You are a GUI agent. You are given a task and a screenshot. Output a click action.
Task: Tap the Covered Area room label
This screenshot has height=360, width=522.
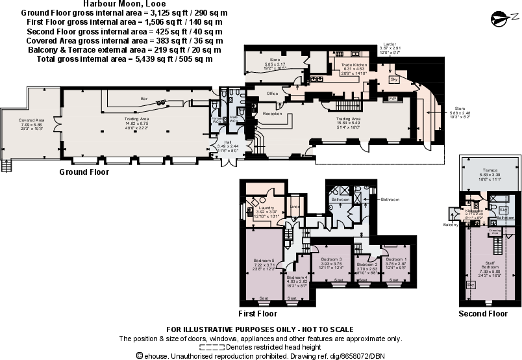click(x=32, y=120)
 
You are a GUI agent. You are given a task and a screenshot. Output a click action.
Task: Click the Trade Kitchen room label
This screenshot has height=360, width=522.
click(x=351, y=66)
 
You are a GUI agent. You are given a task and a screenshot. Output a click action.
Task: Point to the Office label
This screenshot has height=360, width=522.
click(x=272, y=94)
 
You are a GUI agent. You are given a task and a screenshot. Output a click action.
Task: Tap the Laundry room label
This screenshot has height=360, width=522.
click(x=265, y=208)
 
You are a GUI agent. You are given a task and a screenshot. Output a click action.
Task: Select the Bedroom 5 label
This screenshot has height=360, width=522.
click(x=264, y=261)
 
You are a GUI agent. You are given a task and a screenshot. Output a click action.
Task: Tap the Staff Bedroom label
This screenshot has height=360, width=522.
click(x=490, y=264)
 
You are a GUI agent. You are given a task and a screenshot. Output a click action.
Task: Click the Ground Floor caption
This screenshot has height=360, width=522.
click(x=84, y=172)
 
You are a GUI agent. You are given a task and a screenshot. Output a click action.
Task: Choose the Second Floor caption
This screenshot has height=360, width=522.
click(x=483, y=313)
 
